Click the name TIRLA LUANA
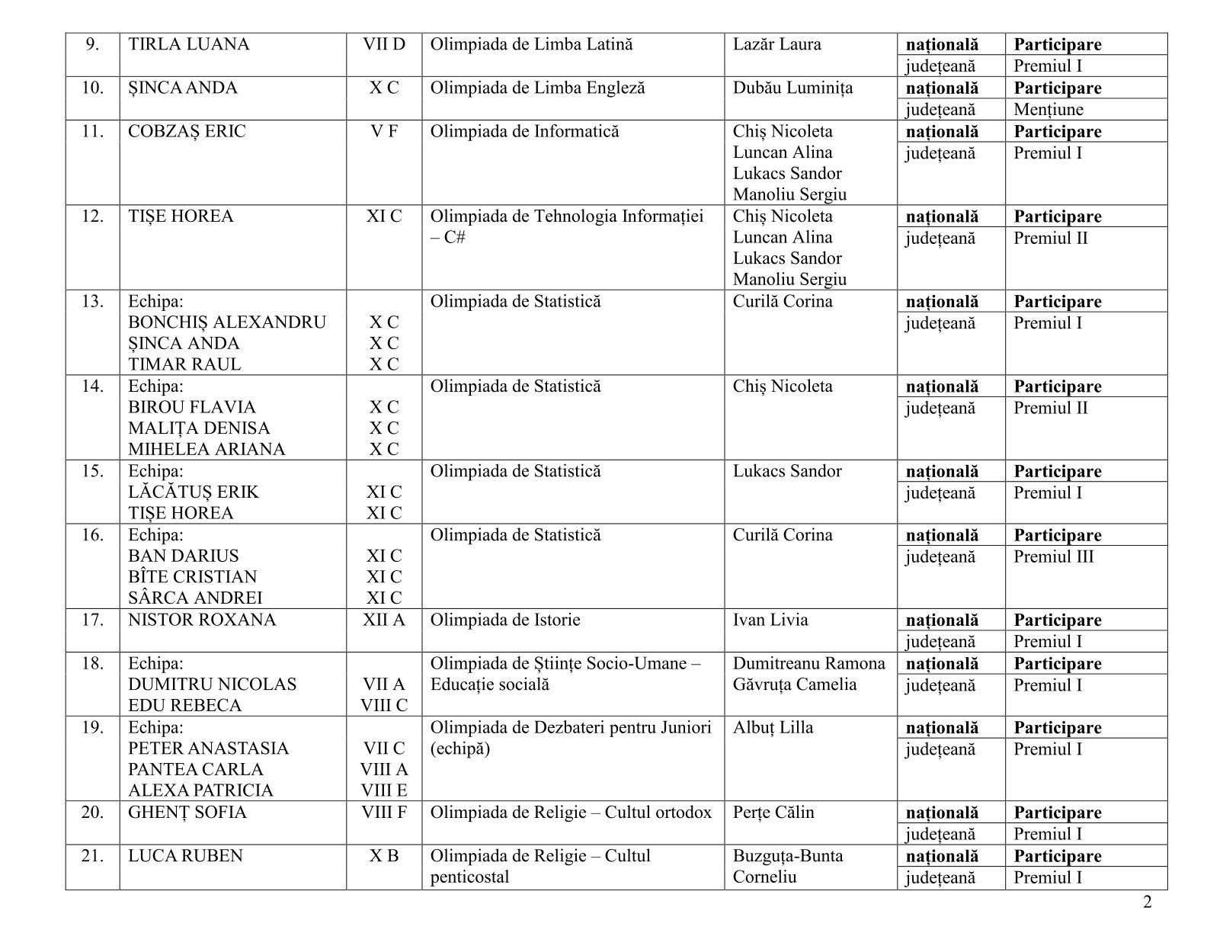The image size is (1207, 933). [188, 44]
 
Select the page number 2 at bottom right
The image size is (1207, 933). [1148, 903]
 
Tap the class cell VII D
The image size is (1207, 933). [384, 44]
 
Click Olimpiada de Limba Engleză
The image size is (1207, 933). [537, 88]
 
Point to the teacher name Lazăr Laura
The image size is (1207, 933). [776, 44]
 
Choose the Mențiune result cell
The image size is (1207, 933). [1048, 109]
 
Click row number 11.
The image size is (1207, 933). [92, 131]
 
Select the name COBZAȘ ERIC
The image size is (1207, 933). [187, 131]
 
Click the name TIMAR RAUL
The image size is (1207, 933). [184, 364]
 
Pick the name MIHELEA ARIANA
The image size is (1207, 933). [207, 449]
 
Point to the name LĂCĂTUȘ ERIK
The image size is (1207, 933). [194, 492]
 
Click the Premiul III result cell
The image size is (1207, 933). [1053, 556]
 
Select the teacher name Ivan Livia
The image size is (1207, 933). [770, 620]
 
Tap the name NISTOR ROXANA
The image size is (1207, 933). [202, 620]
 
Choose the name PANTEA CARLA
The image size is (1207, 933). [195, 769]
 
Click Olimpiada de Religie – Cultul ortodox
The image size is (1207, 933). [571, 813]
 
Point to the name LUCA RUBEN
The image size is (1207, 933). [185, 856]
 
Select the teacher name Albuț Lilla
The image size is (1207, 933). [773, 727]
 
